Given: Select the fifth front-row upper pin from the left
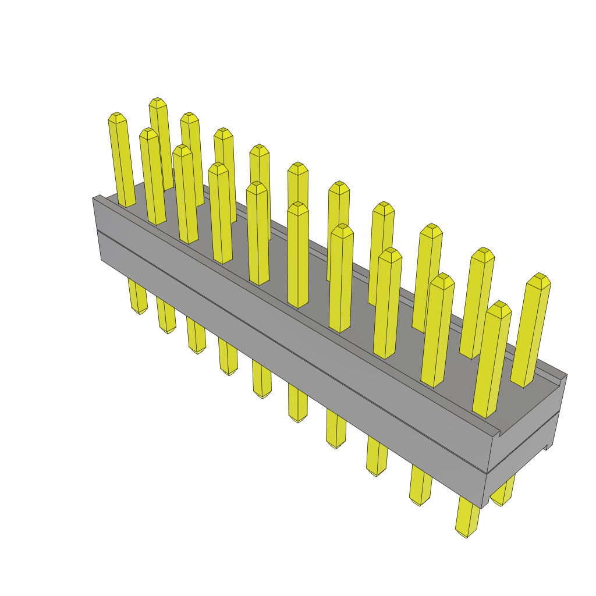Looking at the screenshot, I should pyautogui.click(x=257, y=233).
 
